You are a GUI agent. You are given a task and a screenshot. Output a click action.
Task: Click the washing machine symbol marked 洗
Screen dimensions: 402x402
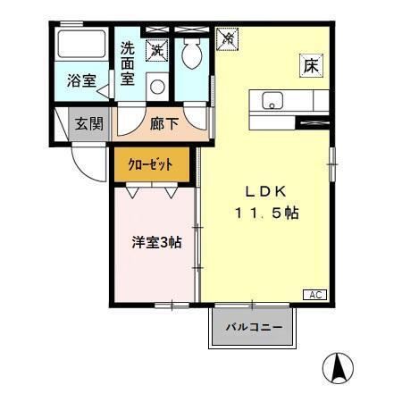pos(156,51)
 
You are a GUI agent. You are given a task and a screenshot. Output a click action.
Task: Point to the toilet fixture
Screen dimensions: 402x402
pos(190,54)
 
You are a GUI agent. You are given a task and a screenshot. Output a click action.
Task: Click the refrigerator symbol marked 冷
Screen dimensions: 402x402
pos(228,38)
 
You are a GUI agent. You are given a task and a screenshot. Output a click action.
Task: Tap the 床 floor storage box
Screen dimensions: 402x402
pos(310,66)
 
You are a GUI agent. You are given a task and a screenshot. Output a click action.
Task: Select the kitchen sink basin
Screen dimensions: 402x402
pos(272,99)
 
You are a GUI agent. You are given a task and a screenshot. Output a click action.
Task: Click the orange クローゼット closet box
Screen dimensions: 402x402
pos(152,164)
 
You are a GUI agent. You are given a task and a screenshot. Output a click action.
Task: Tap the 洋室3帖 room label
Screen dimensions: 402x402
pos(157,241)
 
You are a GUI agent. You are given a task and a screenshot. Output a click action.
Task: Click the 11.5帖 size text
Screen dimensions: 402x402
pos(266,214)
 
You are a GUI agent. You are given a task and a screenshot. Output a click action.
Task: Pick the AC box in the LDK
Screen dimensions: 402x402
pos(315,295)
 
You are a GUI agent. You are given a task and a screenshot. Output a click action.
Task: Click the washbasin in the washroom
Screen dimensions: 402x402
pos(157,87)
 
